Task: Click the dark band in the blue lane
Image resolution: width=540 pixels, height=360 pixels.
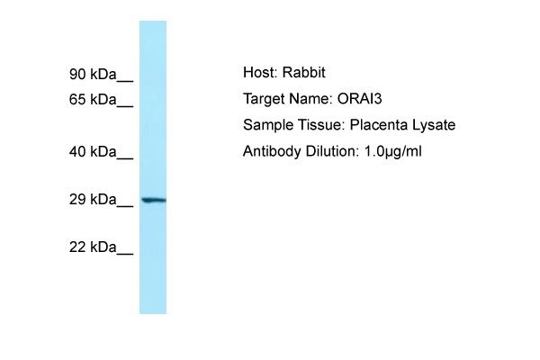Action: coord(154,200)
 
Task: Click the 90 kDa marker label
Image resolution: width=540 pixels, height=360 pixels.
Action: coord(93,74)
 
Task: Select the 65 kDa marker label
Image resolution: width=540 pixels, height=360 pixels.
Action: coord(93,100)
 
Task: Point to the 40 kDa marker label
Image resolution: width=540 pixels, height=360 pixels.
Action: coord(93,151)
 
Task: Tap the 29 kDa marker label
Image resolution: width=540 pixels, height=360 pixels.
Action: coord(93,200)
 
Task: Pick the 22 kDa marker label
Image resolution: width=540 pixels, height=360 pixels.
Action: coord(93,247)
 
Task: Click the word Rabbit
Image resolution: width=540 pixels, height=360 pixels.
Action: coord(304,72)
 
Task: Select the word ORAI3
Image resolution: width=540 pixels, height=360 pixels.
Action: coord(359,99)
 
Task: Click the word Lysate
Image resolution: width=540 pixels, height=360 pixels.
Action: coord(434,125)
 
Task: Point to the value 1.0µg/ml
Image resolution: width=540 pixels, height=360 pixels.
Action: coord(392,151)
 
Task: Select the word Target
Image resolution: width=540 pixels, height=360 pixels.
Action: coord(264,99)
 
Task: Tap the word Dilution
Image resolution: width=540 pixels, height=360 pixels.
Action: coord(332,151)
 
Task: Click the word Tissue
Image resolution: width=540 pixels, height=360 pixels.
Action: coord(321,125)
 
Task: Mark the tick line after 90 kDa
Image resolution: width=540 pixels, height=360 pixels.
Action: coord(125,81)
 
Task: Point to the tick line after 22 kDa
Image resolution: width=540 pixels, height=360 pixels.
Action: coord(125,254)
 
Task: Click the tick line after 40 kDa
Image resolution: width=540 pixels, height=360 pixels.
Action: coord(125,158)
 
